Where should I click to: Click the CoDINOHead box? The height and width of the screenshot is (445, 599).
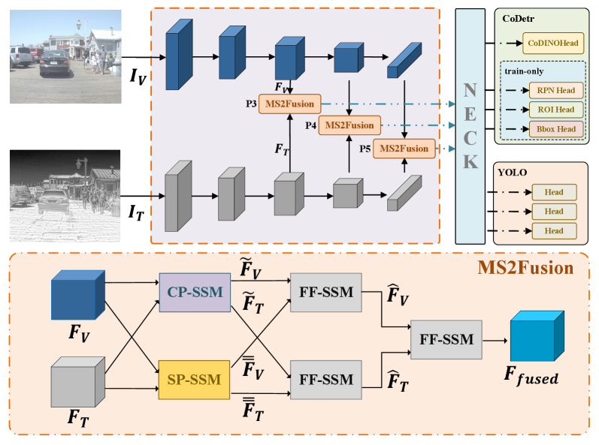(552, 44)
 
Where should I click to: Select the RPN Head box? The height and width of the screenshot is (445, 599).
(555, 90)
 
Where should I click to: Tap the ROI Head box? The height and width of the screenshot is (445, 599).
(555, 110)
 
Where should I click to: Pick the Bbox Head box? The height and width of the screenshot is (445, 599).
(555, 129)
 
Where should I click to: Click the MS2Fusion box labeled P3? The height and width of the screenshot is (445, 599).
(289, 104)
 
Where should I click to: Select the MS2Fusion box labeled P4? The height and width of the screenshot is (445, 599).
(349, 125)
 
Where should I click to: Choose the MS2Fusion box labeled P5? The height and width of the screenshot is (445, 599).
(404, 149)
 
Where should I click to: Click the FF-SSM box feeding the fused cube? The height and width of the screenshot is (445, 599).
(446, 340)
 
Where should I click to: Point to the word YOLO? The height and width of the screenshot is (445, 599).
(513, 172)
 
